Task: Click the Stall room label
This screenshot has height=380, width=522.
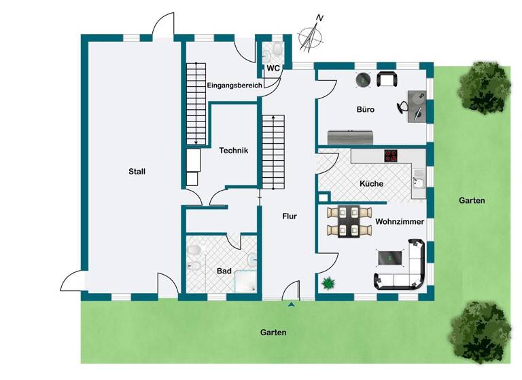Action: pyautogui.click(x=137, y=172)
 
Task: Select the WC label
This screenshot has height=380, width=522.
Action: pyautogui.click(x=273, y=69)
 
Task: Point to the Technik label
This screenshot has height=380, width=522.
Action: pyautogui.click(x=233, y=151)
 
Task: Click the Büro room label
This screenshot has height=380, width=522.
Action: pyautogui.click(x=366, y=109)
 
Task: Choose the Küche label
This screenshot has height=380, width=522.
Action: pyautogui.click(x=371, y=184)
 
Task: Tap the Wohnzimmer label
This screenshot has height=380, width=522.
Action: pyautogui.click(x=400, y=222)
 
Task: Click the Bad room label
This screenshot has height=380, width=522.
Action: pyautogui.click(x=224, y=271)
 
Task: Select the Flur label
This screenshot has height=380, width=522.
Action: pyautogui.click(x=290, y=217)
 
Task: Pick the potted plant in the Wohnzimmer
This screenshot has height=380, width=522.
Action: pyautogui.click(x=330, y=283)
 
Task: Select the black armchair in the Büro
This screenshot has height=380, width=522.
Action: pyautogui.click(x=387, y=79)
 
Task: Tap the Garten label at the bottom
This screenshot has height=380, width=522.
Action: pyautogui.click(x=273, y=333)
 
